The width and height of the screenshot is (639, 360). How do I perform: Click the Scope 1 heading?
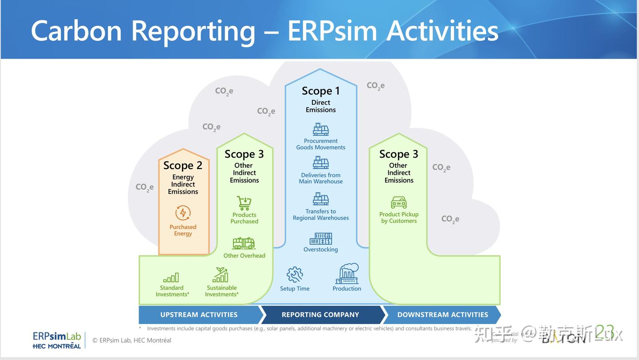coord(320,91)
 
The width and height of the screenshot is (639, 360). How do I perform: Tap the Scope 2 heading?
coord(183,166)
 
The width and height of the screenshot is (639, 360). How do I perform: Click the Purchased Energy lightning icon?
coord(183,213)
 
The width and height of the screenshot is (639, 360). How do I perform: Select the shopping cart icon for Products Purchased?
coord(244,203)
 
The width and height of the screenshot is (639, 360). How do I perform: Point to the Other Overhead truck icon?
coord(244,243)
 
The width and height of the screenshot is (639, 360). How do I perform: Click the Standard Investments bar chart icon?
coord(171,278)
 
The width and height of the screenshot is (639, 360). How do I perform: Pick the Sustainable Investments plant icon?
coord(221,275)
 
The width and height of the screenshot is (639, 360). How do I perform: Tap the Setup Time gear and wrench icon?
coord(295,275)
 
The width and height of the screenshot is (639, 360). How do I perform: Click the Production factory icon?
coord(347,274)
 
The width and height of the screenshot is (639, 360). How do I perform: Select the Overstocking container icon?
coord(320,239)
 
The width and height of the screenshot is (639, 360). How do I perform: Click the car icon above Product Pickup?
coord(398,202)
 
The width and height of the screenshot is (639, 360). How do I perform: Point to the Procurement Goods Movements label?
coord(320,144)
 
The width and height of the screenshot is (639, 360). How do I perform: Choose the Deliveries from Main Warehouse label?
coord(320,178)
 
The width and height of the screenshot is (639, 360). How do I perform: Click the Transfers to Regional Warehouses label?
coord(320,215)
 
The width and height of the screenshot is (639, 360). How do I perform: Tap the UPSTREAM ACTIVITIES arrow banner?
coord(199,315)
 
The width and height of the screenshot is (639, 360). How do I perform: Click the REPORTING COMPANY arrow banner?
coord(320,315)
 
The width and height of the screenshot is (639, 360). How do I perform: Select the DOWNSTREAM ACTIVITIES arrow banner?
coord(442,315)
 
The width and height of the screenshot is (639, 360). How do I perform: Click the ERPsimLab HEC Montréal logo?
coord(57,340)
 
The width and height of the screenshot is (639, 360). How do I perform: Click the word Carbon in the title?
coord(76,31)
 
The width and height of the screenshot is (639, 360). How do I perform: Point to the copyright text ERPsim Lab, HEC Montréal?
coord(132,340)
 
